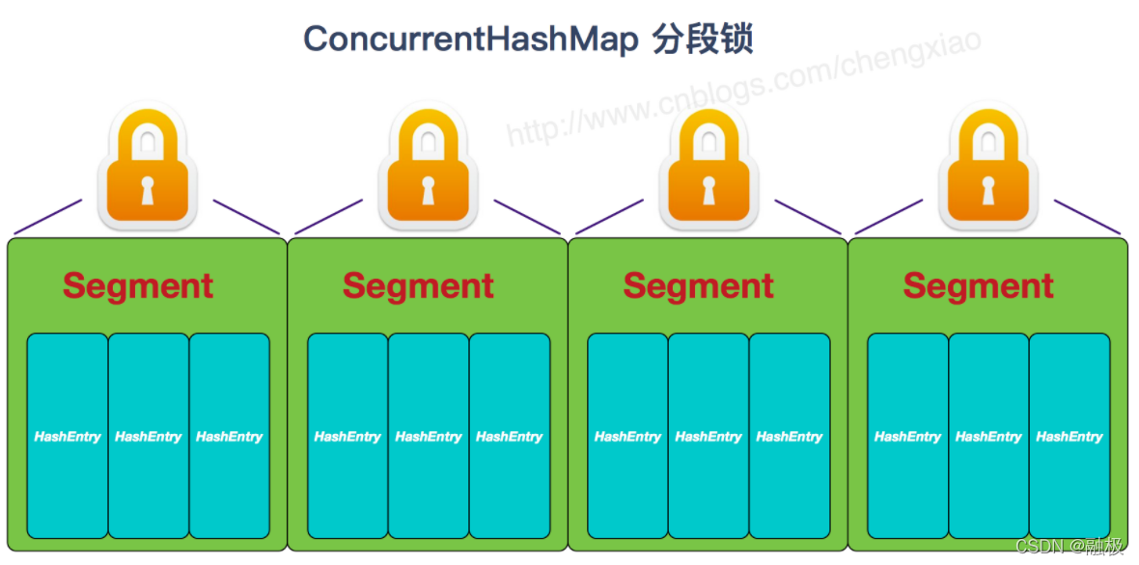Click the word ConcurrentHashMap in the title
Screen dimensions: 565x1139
(x=470, y=40)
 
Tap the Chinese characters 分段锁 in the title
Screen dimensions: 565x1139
(x=703, y=40)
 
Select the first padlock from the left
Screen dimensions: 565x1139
(x=148, y=167)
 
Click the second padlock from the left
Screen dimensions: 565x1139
(x=428, y=167)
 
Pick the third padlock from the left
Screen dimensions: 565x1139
(x=708, y=167)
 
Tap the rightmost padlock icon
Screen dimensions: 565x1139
(x=987, y=167)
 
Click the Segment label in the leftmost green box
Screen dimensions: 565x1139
(x=138, y=286)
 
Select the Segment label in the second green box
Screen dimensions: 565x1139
(x=418, y=286)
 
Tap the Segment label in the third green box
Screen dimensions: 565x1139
(x=698, y=286)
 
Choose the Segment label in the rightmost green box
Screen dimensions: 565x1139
(x=978, y=286)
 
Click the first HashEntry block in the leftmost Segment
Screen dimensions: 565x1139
(x=68, y=436)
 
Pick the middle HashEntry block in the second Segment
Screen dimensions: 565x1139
(x=429, y=436)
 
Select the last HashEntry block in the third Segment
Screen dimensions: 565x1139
(x=790, y=436)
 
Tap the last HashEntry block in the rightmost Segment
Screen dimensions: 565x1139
(x=1070, y=436)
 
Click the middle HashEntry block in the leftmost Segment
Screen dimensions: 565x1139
(x=149, y=436)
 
